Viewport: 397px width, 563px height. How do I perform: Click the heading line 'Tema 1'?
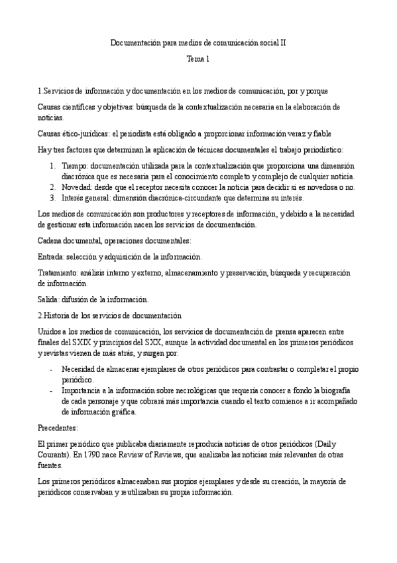(198, 59)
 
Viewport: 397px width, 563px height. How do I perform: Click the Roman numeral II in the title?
(283, 43)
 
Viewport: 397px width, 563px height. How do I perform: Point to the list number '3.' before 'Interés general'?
(53, 198)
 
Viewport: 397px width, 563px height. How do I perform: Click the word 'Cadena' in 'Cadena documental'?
(50, 241)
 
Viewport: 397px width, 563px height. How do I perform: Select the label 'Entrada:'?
(52, 257)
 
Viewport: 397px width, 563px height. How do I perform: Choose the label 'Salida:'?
(50, 299)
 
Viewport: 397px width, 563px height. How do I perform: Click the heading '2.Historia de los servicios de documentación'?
(109, 315)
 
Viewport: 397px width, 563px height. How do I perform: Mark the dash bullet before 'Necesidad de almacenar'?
(52, 368)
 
